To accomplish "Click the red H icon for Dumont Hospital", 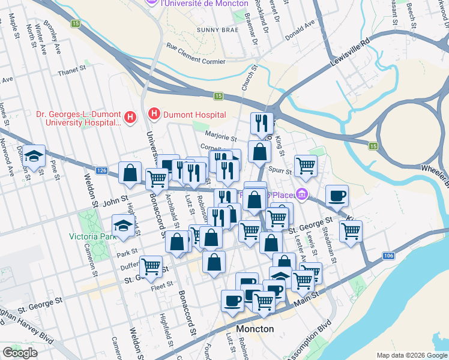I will (x=154, y=113).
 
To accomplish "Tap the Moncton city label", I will (x=255, y=329).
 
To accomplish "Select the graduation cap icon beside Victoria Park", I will (x=123, y=227).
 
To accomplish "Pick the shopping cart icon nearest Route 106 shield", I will (x=351, y=230).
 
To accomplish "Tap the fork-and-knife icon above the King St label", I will (x=261, y=123).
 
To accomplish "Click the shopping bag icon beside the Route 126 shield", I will (x=130, y=173).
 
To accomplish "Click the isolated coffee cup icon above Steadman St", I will (x=337, y=195).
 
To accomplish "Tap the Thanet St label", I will (x=72, y=71).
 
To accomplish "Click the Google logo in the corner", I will (x=20, y=353).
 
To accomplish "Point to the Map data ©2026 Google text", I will (x=411, y=355).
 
